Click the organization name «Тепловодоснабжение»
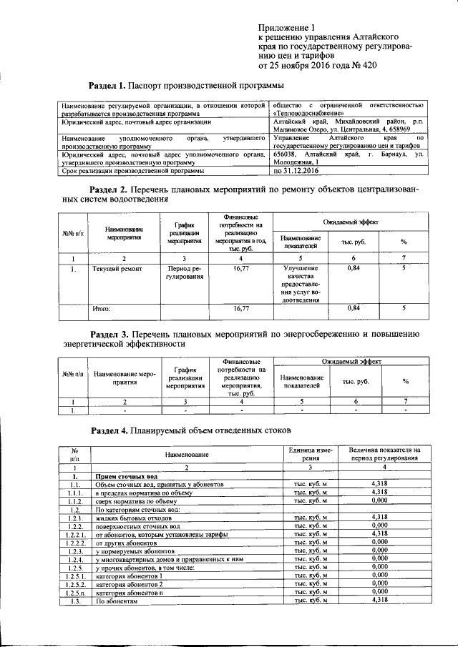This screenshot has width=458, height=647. click(313, 114)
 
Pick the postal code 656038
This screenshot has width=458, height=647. click(286, 154)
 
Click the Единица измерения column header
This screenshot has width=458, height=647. click(309, 453)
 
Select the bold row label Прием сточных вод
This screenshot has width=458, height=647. click(125, 476)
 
